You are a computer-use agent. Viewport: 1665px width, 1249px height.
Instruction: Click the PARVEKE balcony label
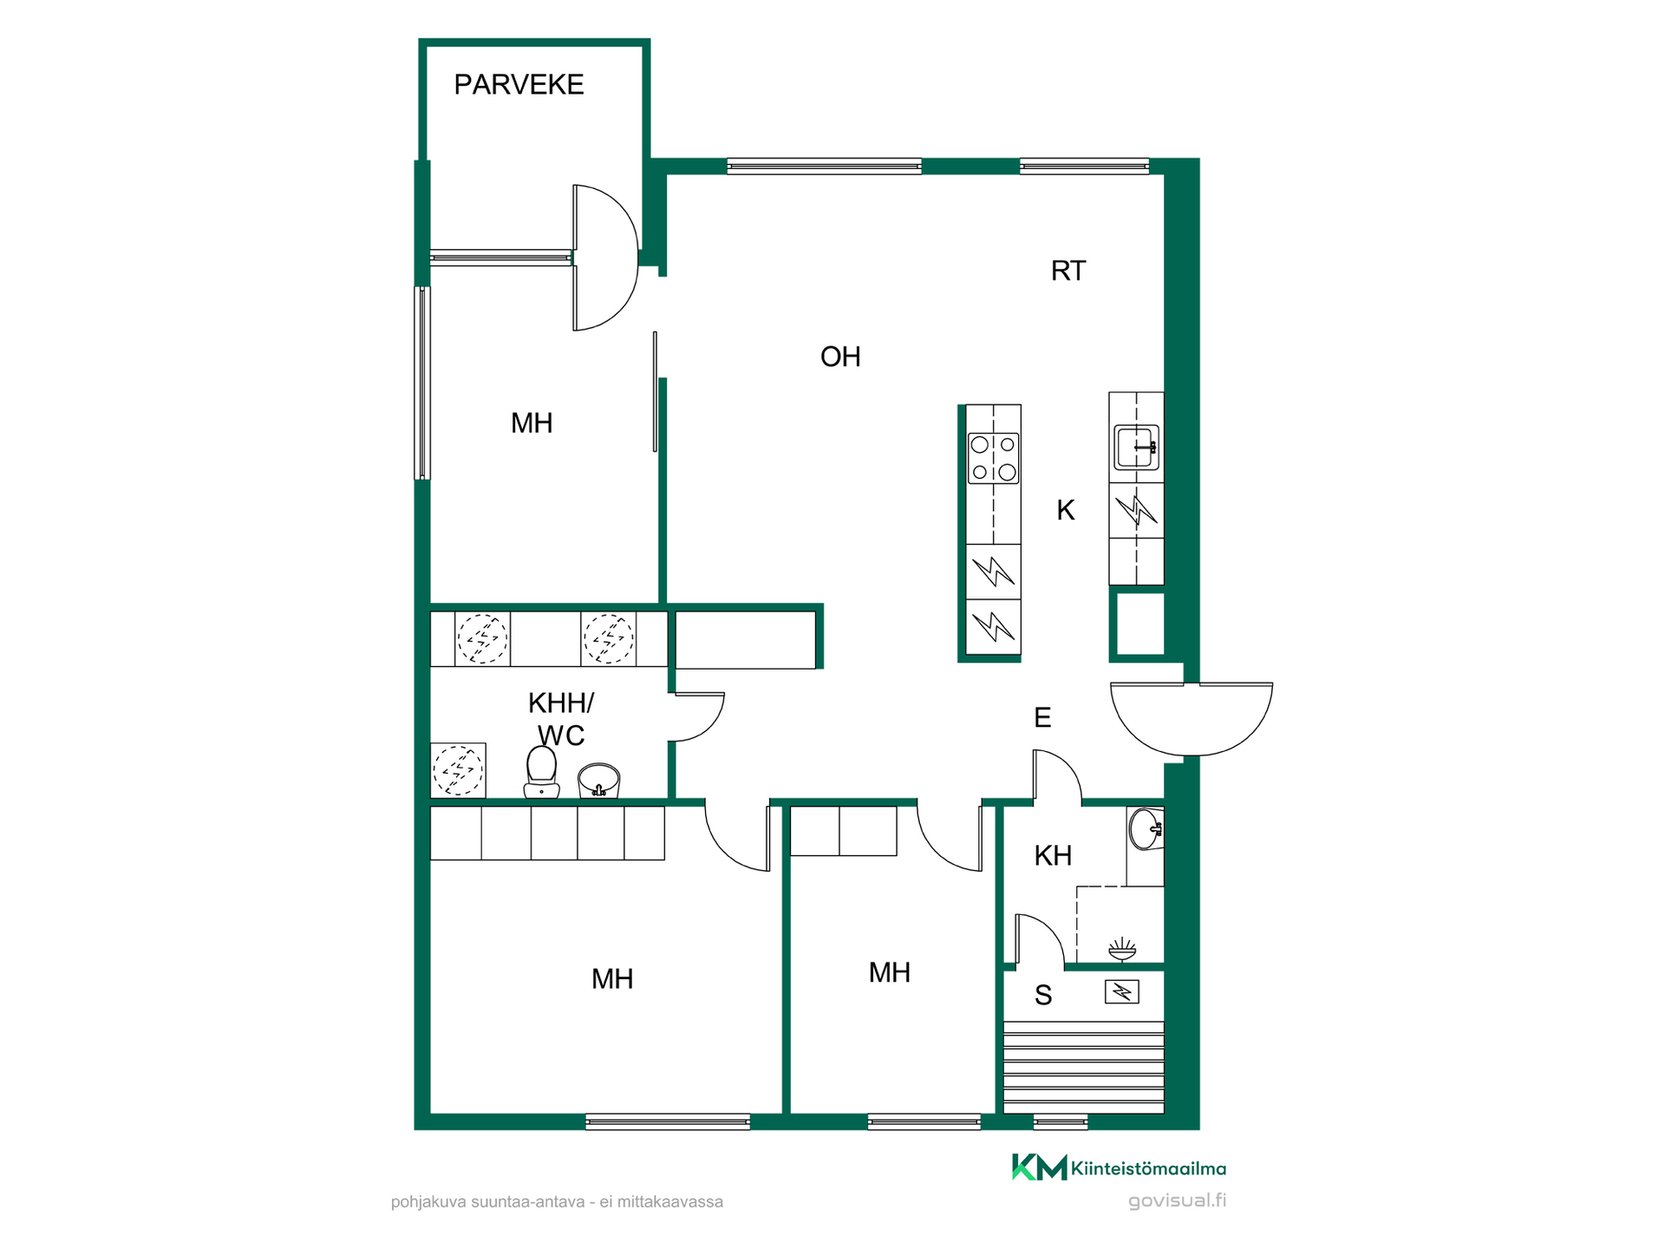[519, 84]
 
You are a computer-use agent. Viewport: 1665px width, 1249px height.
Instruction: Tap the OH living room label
[840, 356]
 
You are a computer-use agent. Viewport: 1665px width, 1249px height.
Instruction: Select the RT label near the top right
[1068, 271]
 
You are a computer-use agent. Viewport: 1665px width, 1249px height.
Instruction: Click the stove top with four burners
[994, 458]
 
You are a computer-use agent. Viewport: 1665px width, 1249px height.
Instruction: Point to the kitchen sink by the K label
[1136, 448]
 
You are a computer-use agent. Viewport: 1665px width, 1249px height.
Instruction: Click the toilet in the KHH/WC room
[541, 772]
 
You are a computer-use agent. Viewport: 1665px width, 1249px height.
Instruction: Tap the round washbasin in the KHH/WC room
[598, 780]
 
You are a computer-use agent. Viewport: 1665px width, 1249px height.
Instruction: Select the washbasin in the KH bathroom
[1146, 829]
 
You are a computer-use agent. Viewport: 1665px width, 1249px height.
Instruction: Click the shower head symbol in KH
[1122, 949]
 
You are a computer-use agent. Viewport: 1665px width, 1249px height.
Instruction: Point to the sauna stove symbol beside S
[1121, 991]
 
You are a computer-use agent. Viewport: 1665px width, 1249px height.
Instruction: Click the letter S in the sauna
[1043, 996]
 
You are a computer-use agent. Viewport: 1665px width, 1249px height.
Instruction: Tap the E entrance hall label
[1042, 717]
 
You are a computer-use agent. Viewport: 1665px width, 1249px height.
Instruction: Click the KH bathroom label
[1053, 856]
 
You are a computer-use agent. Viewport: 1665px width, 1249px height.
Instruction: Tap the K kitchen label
[1066, 510]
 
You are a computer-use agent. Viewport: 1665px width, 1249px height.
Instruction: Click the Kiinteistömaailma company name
[1148, 1168]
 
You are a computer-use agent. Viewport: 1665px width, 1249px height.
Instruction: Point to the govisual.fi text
[1177, 1201]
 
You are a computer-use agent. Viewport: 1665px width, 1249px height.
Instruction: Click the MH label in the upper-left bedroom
[532, 423]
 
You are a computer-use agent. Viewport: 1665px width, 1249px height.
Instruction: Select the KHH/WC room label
[561, 719]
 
